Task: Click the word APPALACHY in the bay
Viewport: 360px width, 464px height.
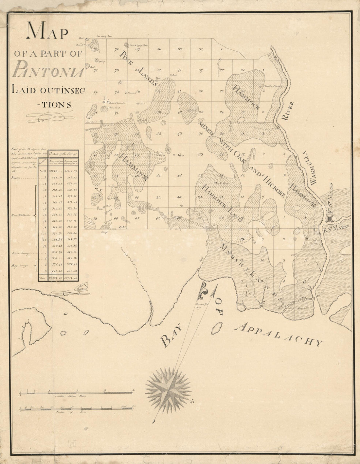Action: tap(279, 334)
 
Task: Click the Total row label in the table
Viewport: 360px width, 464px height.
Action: tap(42, 278)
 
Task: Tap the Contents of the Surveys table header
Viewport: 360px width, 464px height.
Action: tap(63, 153)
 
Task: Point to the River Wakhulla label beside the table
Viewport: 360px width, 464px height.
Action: tap(21, 215)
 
